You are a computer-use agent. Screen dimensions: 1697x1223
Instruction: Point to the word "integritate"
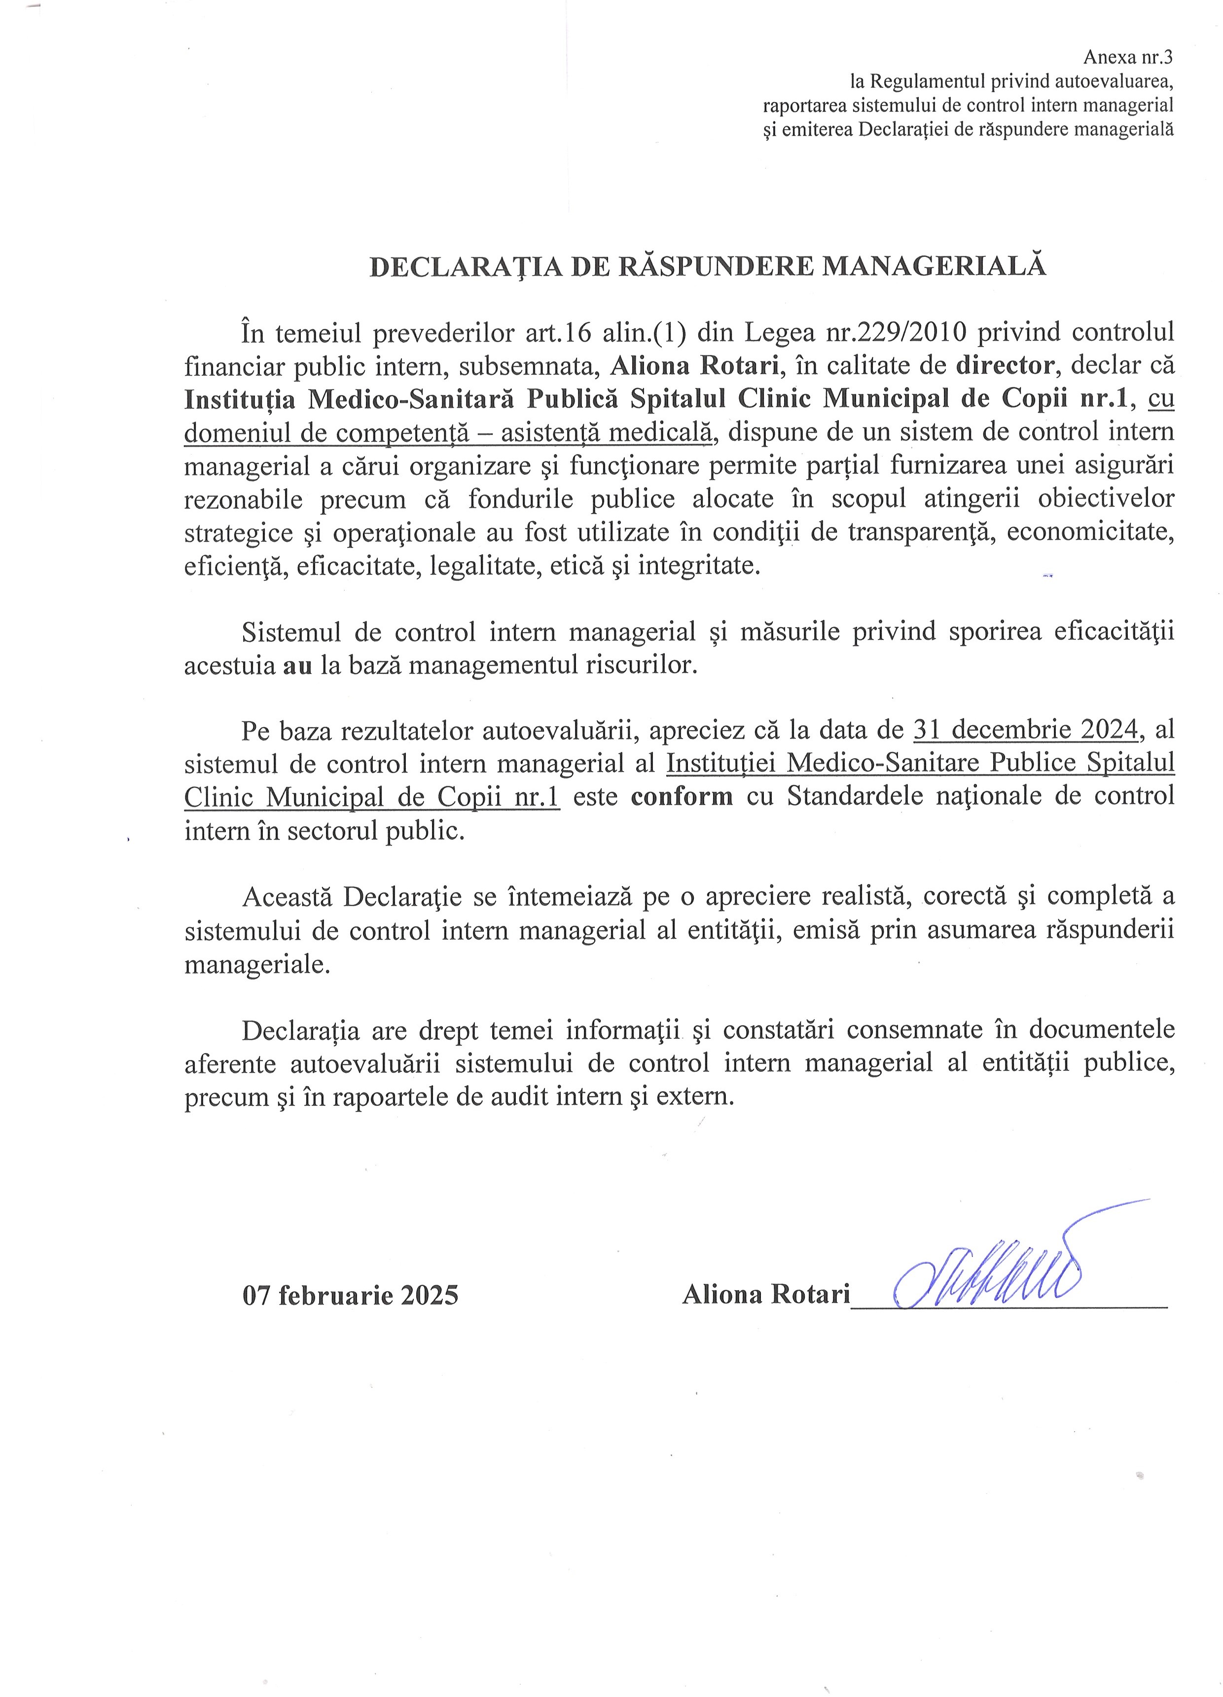[699, 565]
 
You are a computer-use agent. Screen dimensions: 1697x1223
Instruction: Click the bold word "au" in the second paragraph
[298, 665]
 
